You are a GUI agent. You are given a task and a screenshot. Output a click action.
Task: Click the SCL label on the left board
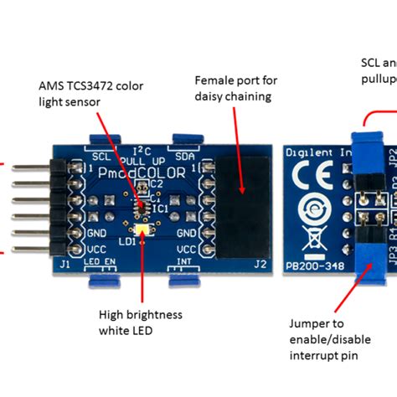pyautogui.click(x=101, y=157)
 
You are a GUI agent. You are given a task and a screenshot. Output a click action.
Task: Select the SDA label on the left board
pyautogui.click(x=187, y=157)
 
